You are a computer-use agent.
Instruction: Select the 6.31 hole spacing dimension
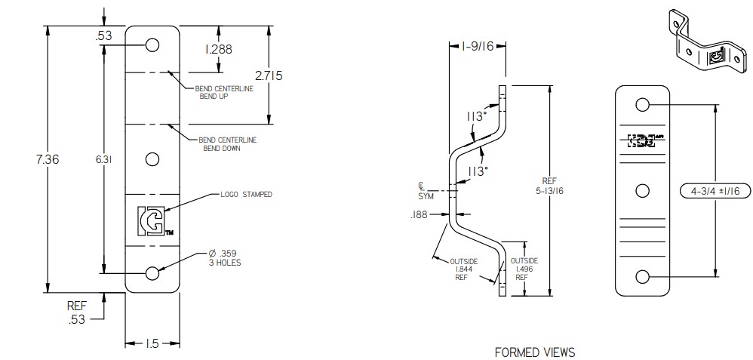click(x=85, y=159)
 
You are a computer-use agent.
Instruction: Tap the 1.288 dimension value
click(x=219, y=50)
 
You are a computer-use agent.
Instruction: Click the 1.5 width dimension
click(x=152, y=343)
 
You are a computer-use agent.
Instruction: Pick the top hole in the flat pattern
click(x=152, y=45)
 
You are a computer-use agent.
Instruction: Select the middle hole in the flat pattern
click(x=152, y=159)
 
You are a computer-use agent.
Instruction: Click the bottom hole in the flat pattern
click(x=152, y=273)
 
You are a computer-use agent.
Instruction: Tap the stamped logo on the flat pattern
click(x=152, y=220)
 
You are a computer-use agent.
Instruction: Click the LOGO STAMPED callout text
click(x=247, y=195)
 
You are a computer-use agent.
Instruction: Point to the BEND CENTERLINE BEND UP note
click(x=224, y=93)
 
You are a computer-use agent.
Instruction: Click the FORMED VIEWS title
click(x=534, y=352)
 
